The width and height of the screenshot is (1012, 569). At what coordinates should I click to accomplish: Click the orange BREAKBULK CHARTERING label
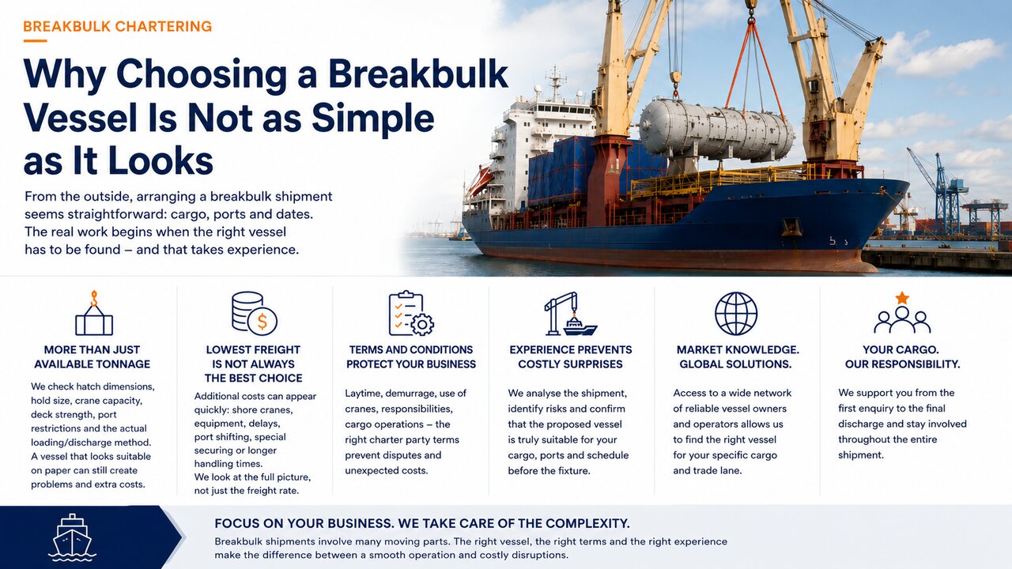tap(118, 26)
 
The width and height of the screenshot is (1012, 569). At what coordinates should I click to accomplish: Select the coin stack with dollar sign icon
tap(255, 314)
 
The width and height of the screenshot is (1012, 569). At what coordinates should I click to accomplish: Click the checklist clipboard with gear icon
tap(411, 314)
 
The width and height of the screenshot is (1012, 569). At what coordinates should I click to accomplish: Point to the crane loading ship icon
tap(571, 314)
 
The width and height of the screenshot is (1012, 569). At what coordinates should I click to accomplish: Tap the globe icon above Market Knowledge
tap(736, 314)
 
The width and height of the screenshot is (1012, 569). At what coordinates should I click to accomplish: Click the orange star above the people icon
tap(902, 298)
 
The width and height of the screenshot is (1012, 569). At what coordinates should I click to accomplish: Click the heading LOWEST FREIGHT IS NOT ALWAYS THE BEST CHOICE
tap(253, 364)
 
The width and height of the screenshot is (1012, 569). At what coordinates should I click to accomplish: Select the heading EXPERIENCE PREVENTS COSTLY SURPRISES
tap(571, 356)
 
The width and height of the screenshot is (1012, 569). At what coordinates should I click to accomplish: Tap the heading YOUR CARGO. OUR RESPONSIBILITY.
tap(902, 356)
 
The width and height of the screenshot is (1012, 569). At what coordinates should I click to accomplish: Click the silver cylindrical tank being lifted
tap(716, 129)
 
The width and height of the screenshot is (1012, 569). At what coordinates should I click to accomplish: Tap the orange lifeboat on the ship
tap(480, 179)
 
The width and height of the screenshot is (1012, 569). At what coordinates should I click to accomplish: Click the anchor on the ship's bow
tap(792, 227)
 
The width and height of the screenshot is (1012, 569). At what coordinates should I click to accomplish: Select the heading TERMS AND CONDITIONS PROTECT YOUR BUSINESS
tap(411, 356)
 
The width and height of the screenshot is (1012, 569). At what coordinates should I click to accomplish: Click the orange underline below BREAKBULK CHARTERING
tap(35, 41)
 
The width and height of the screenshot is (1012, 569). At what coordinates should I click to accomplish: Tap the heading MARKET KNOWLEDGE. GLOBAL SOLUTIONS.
tap(736, 356)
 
